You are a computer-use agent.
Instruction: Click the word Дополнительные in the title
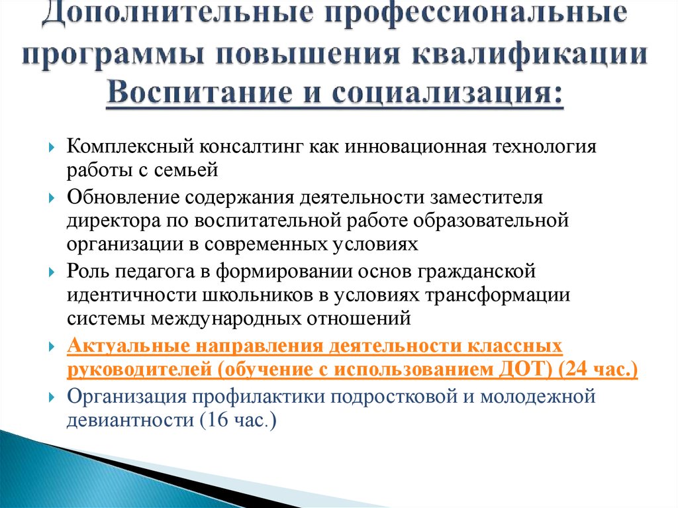177,13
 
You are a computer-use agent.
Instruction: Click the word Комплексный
130,147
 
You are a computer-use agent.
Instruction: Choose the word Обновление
122,198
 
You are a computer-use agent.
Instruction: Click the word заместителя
486,198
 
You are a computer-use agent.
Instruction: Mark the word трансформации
498,296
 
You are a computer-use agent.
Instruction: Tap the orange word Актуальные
128,346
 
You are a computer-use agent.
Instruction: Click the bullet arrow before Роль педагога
52,273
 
